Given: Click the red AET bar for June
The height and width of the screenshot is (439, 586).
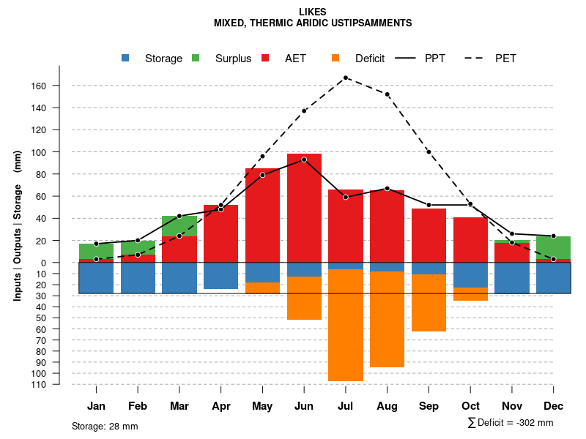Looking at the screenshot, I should click(x=304, y=208).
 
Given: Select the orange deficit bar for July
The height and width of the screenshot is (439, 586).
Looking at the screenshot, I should click(x=346, y=325).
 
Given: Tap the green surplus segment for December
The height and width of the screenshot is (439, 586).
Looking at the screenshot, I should click(x=553, y=247).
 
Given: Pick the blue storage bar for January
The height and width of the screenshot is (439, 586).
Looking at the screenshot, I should click(x=96, y=278).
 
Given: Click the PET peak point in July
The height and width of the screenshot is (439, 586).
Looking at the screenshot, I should click(x=346, y=78).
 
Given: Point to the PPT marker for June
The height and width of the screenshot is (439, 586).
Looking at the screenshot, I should click(x=304, y=160).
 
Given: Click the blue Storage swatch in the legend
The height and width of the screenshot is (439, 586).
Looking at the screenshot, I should click(x=126, y=58).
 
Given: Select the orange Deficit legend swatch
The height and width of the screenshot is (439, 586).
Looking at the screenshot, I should click(x=335, y=58).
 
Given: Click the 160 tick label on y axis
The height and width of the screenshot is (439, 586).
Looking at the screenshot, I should click(x=38, y=86).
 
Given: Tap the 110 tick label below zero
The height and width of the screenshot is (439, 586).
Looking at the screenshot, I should click(x=38, y=384).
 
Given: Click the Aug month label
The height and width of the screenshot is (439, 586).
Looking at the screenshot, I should click(x=387, y=406).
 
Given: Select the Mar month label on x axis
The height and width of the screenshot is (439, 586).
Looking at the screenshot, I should click(x=179, y=406).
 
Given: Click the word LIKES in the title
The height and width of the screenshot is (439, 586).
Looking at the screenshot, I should click(x=313, y=12).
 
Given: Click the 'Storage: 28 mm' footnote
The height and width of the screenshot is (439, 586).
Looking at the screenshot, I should click(x=105, y=426).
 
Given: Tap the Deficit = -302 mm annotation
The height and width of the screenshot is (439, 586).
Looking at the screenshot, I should click(x=511, y=423).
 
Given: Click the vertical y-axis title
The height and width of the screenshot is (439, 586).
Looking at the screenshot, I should click(x=18, y=225).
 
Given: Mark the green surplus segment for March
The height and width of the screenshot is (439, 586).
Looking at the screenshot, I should click(x=179, y=226).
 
